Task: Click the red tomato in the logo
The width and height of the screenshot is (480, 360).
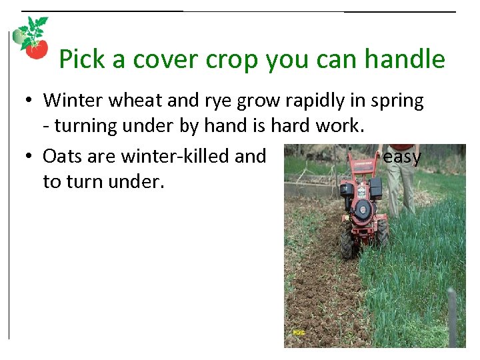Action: pos(37,49)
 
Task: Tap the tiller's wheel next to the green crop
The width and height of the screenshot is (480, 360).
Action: pos(383,233)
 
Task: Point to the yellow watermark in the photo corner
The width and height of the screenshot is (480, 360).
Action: pos(298,332)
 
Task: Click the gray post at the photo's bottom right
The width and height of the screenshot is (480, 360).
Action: pos(452,313)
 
